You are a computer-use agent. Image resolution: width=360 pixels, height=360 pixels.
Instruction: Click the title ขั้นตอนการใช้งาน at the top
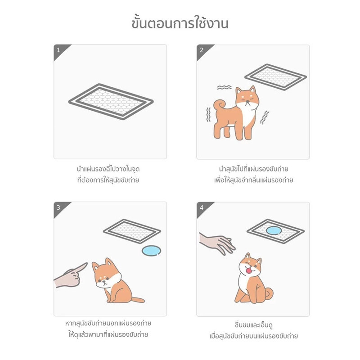(180, 22)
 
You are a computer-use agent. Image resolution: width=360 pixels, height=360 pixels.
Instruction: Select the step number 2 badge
(201, 49)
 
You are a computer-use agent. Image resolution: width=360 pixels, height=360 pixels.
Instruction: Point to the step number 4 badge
(201, 207)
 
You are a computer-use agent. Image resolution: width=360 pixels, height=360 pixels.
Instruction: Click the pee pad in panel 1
(111, 101)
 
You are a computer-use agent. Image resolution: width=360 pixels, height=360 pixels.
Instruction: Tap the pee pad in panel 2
(276, 77)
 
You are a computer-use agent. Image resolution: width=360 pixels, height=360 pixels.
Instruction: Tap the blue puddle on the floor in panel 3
(151, 251)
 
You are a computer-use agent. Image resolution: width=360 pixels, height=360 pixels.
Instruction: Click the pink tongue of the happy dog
(247, 272)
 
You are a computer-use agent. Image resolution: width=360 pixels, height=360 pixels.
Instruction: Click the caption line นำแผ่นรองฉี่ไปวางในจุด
(111, 169)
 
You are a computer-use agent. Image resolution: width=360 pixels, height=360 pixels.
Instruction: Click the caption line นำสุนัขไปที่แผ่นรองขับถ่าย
(253, 169)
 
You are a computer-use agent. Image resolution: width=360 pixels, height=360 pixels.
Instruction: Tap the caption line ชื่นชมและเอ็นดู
(253, 325)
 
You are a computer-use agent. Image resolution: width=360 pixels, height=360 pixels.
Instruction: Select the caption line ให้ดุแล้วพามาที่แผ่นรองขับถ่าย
(111, 335)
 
